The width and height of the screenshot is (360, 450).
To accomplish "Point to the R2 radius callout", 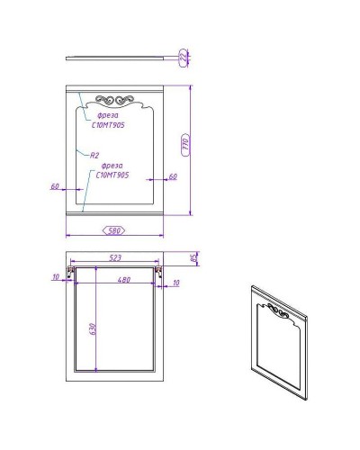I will pyautogui.click(x=94, y=156).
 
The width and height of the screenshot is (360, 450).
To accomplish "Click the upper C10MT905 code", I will pyautogui.click(x=107, y=126).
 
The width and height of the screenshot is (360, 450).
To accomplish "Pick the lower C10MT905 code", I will pyautogui.click(x=112, y=175).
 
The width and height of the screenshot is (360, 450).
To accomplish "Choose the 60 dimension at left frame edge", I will pyautogui.click(x=55, y=186).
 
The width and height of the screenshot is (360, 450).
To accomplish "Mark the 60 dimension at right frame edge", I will pyautogui.click(x=173, y=176).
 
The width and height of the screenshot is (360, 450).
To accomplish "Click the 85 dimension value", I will pyautogui.click(x=194, y=259).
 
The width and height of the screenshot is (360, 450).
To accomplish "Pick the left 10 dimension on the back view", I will pyautogui.click(x=56, y=277).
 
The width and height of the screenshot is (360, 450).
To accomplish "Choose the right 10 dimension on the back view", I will pyautogui.click(x=175, y=283).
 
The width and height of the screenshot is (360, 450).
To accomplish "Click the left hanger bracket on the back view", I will pyautogui.click(x=71, y=271).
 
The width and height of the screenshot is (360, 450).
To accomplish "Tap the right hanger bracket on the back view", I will pyautogui.click(x=159, y=271).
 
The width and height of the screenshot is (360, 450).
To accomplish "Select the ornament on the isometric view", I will pyautogui.click(x=279, y=314).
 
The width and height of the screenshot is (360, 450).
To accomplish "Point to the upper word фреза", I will pyautogui.click(x=96, y=116).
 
